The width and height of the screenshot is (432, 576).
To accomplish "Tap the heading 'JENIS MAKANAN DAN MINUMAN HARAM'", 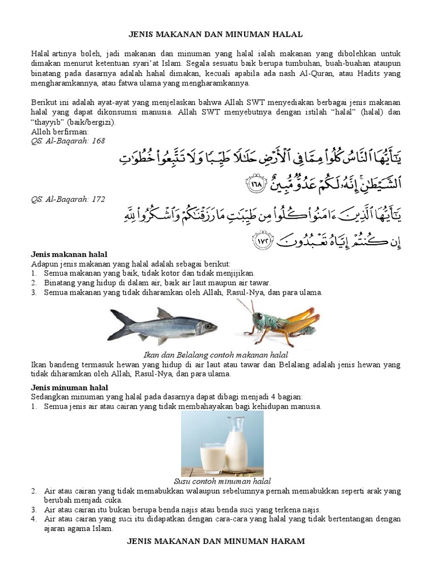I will coord(217,541).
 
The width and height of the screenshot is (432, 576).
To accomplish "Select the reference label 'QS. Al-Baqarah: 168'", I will coord(68,141).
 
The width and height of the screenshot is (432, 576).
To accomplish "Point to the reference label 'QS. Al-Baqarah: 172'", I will coord(68,199).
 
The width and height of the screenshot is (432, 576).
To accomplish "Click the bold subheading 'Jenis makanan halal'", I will coord(69,255).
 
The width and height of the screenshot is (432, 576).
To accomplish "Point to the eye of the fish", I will coord(206,325).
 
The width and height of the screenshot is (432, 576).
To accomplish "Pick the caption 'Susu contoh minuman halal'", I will coord(222,481).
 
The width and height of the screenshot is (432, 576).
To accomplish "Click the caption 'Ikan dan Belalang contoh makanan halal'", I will coord(217,355).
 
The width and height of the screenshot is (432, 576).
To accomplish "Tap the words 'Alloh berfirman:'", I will coord(56,132).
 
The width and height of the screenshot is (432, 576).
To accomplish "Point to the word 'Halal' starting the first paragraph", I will coord(40,53).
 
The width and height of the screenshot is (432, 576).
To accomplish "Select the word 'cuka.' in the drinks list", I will coord(112,500).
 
